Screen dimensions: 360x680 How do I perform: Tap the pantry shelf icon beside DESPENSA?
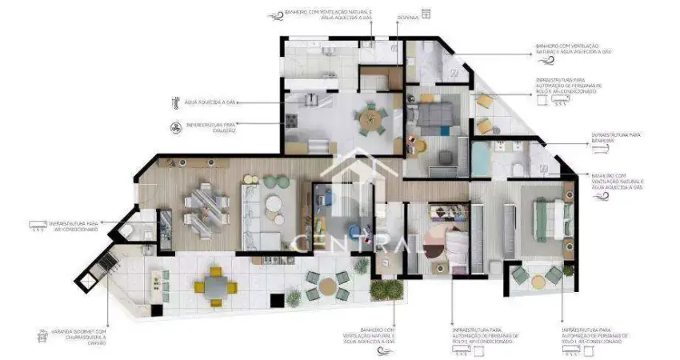click(x=426, y=13)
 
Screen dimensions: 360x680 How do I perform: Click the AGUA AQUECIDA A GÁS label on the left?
click(x=210, y=102)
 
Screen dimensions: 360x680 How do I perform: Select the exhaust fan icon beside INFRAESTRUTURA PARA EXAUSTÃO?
click(x=175, y=126)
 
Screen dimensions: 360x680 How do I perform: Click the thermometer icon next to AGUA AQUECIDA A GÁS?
click(x=175, y=102)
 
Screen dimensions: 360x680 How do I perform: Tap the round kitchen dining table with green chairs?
click(x=370, y=121)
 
